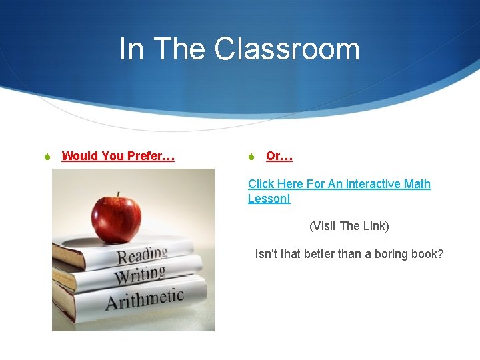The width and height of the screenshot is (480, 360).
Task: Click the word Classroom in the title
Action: point(287,49)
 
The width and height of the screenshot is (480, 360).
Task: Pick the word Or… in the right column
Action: point(279,156)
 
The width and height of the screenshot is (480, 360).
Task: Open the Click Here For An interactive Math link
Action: point(339,184)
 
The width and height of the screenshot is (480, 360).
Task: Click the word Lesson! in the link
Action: point(269,199)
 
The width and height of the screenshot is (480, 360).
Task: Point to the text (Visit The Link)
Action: point(349,226)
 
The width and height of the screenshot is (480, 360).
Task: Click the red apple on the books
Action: point(117,218)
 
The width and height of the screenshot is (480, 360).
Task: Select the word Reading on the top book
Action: point(143,255)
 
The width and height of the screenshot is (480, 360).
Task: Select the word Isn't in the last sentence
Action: point(267,254)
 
